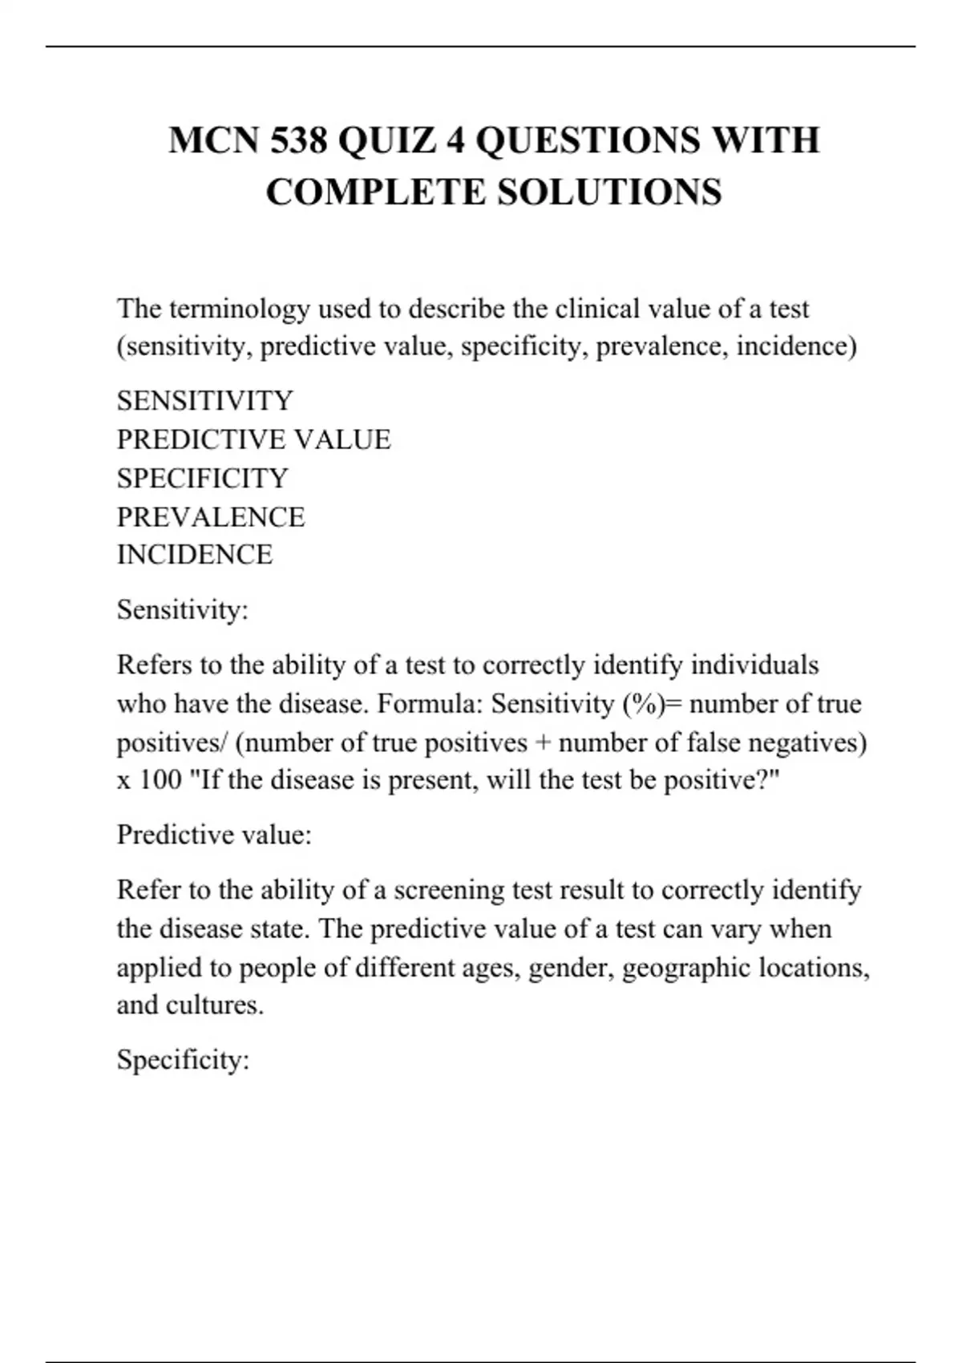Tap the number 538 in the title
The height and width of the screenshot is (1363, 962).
[x=298, y=140]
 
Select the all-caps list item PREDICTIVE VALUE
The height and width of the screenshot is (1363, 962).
[x=253, y=439]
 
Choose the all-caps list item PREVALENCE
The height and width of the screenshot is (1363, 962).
[x=211, y=517]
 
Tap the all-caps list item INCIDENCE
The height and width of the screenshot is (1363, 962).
[x=195, y=555]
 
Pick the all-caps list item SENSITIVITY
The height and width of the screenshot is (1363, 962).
[x=205, y=401]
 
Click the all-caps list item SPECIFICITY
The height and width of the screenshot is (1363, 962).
[x=202, y=479]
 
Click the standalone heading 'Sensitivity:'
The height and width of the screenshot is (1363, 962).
[x=183, y=610]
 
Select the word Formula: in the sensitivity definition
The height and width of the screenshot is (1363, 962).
[x=430, y=704]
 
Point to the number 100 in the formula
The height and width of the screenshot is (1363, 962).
[x=160, y=780]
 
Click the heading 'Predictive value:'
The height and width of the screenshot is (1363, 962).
[x=214, y=835]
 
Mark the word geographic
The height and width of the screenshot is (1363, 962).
[x=686, y=968]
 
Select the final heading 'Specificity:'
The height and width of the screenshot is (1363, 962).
[x=183, y=1060]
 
